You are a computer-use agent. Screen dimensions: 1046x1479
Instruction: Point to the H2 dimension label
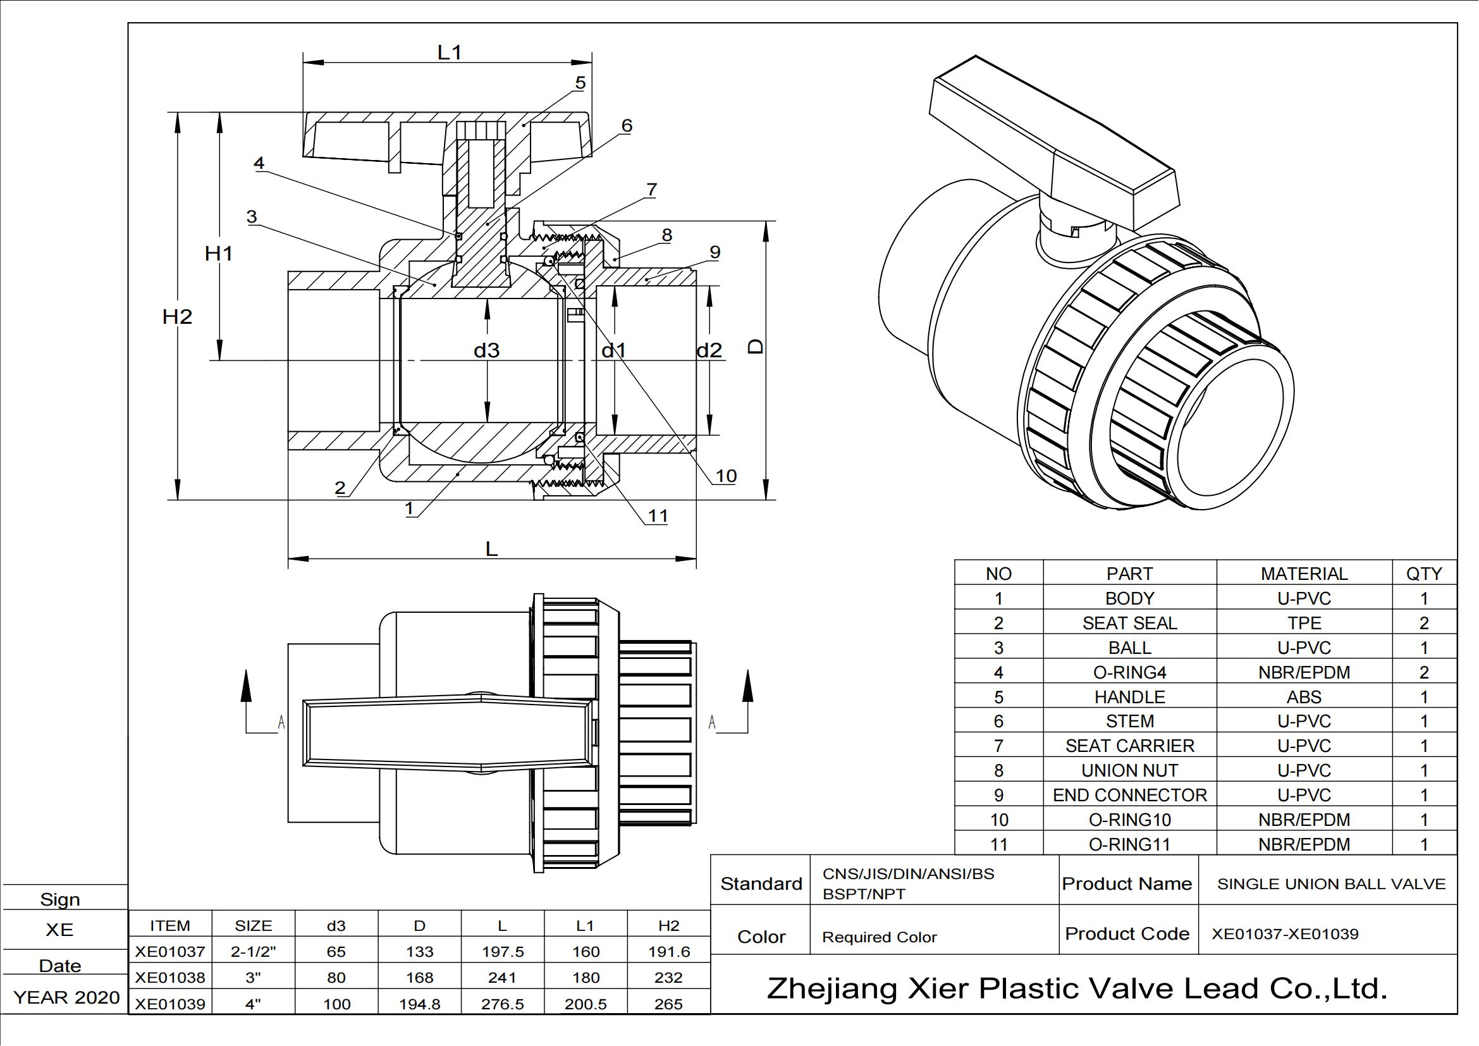(x=177, y=316)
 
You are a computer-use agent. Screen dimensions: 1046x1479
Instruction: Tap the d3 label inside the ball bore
(x=486, y=350)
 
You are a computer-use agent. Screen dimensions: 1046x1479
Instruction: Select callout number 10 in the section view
(x=725, y=476)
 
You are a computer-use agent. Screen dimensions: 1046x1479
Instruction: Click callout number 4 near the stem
(x=259, y=163)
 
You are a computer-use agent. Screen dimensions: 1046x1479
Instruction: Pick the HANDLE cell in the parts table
(x=1129, y=697)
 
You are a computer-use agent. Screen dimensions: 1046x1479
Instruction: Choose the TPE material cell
(x=1304, y=623)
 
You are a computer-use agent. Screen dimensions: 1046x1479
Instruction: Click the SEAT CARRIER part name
(x=1129, y=746)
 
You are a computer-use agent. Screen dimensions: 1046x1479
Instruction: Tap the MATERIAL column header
(x=1304, y=573)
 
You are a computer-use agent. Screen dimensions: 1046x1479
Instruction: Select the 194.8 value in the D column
(x=419, y=1004)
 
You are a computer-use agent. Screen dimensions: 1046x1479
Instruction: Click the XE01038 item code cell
(x=170, y=977)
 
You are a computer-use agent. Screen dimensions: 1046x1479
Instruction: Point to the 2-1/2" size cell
(x=253, y=951)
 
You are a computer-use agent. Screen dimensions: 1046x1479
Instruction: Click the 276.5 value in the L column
(x=502, y=1004)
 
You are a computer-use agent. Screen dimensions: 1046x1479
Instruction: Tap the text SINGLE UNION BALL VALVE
(x=1331, y=883)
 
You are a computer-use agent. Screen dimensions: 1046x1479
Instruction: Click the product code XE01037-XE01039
(x=1284, y=934)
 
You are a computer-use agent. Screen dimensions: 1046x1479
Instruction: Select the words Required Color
(x=880, y=937)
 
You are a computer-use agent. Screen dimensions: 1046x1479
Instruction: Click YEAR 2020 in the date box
(x=66, y=997)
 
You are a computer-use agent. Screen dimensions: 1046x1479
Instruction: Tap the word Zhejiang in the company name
(x=832, y=988)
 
